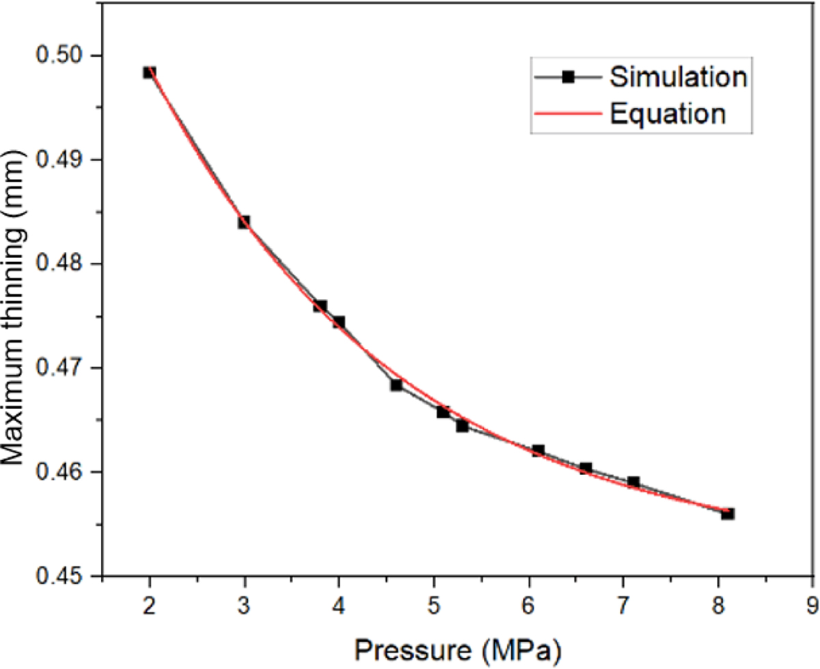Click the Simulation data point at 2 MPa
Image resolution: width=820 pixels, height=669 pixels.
pos(150,72)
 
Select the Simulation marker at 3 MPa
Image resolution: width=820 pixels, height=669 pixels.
pos(244,222)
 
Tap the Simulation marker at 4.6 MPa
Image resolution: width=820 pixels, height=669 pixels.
pos(396,385)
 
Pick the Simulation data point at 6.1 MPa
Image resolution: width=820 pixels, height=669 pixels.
pos(538,451)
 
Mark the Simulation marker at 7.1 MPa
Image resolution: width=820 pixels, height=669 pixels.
pos(633,482)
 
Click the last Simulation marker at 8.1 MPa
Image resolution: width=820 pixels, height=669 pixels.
pos(728,513)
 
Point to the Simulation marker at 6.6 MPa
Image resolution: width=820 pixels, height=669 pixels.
pos(586,468)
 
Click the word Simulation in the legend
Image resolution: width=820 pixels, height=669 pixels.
pos(678,78)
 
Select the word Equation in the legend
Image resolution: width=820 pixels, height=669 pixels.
pos(667,114)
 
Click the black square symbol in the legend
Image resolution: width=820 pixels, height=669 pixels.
pos(566,78)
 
